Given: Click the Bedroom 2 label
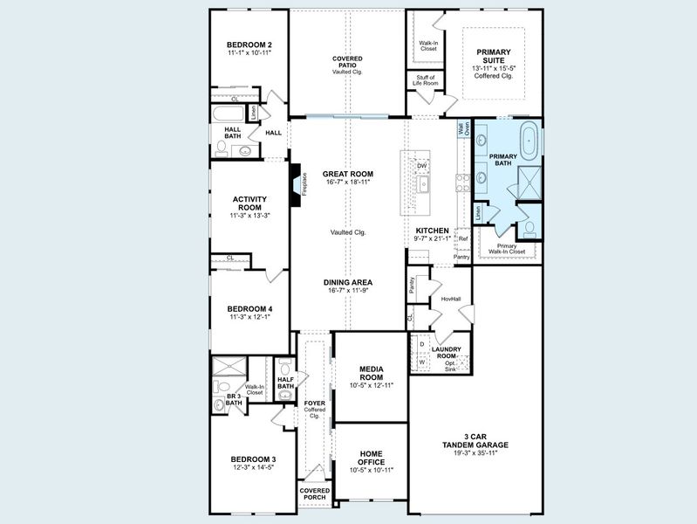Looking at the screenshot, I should [x=249, y=45].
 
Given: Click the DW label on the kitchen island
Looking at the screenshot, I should [x=422, y=165].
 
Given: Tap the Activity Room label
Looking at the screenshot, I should [x=249, y=203].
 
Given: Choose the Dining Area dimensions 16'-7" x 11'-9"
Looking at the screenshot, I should [x=348, y=292].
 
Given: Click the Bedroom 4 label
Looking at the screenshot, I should [x=250, y=308].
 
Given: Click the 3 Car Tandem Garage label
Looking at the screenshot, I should [x=475, y=440].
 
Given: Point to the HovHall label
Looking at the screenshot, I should [x=450, y=299].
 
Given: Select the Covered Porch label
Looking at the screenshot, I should [x=314, y=494].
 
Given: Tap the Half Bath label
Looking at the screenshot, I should [x=285, y=382].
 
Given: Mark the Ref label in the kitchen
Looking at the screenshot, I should [x=463, y=238].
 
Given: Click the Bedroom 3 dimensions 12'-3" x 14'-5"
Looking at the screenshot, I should [x=253, y=468].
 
